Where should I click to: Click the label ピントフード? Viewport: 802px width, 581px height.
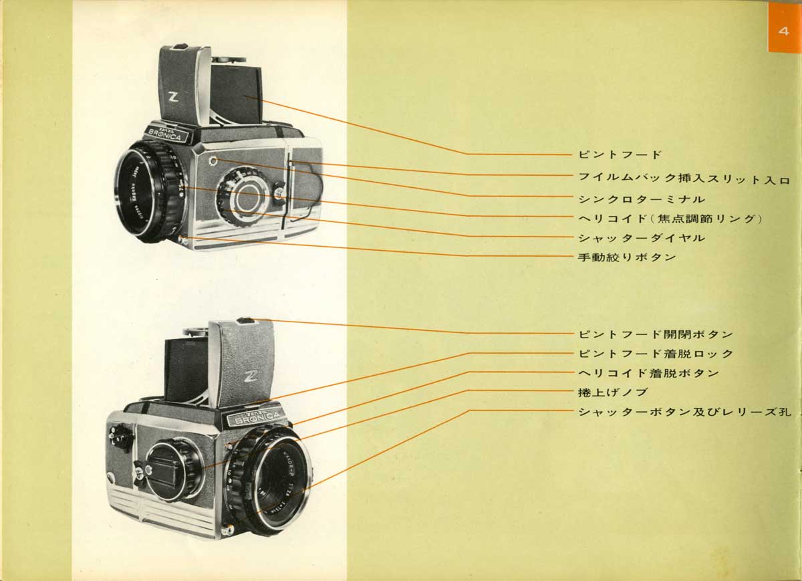(619, 154)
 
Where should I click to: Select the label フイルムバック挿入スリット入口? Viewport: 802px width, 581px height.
(684, 179)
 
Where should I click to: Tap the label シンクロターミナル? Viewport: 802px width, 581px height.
(641, 199)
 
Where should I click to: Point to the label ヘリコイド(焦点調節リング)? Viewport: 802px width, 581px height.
(670, 218)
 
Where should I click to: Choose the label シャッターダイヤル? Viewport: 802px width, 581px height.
(641, 237)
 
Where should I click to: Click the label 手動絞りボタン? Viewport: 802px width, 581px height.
(627, 257)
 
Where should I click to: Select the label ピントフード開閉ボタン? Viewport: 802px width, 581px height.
(655, 334)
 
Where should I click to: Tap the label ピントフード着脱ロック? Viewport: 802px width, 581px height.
(655, 353)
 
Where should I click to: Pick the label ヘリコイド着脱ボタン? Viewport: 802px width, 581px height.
(648, 372)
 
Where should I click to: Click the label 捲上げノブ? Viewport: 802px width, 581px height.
(612, 392)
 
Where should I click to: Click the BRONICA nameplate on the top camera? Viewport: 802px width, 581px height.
(168, 131)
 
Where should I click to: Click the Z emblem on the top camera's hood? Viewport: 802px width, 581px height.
(174, 98)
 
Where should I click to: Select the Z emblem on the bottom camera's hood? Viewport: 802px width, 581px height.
(251, 374)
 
